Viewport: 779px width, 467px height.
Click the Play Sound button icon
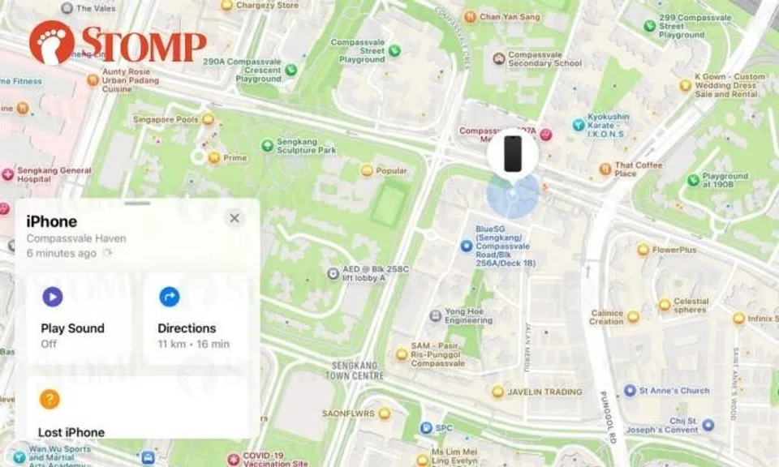point(52,297)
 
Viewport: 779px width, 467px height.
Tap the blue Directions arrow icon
point(169,297)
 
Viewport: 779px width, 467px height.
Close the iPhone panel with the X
point(235,218)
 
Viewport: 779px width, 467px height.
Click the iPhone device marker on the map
point(512,153)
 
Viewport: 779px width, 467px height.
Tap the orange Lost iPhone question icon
point(49,399)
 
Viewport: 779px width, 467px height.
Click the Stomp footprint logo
point(51,42)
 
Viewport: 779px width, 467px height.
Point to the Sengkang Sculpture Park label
point(306,145)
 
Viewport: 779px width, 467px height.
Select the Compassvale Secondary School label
point(544,59)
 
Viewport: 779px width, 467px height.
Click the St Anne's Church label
point(674,391)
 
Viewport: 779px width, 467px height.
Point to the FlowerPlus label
point(674,250)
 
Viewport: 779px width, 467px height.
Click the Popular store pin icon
point(367,171)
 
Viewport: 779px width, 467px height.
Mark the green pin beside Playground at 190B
point(693,180)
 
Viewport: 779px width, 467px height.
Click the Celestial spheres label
point(691,305)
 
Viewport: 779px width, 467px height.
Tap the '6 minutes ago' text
point(61,253)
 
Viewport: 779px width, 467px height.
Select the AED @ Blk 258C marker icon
point(332,273)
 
